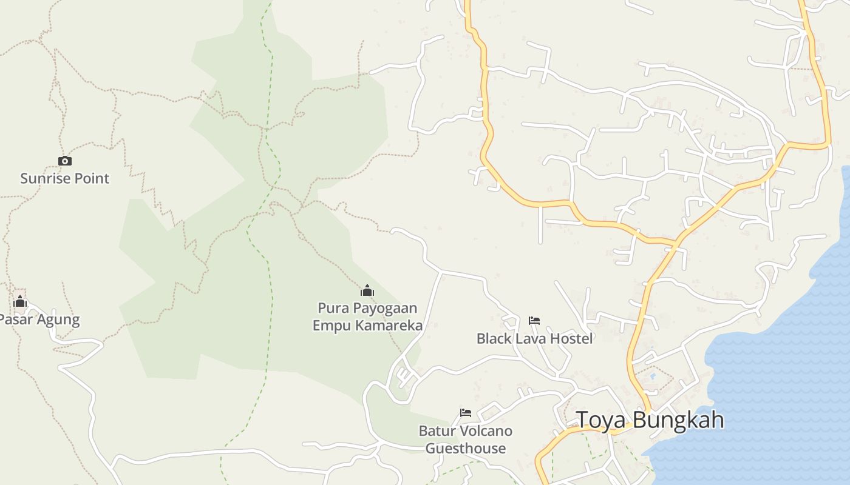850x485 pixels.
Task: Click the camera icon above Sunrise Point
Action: [65, 161]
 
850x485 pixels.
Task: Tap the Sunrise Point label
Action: [65, 178]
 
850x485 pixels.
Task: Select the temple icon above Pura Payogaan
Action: [367, 290]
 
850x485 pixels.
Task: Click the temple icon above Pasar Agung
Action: [20, 301]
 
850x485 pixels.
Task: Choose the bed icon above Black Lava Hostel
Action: [534, 320]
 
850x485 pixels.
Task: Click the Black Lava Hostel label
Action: [534, 338]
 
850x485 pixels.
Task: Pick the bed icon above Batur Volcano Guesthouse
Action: [466, 413]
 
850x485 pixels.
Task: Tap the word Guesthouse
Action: [466, 449]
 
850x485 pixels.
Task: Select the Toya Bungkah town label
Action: [650, 420]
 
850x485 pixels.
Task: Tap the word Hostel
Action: [571, 338]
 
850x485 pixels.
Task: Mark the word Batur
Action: [437, 431]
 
